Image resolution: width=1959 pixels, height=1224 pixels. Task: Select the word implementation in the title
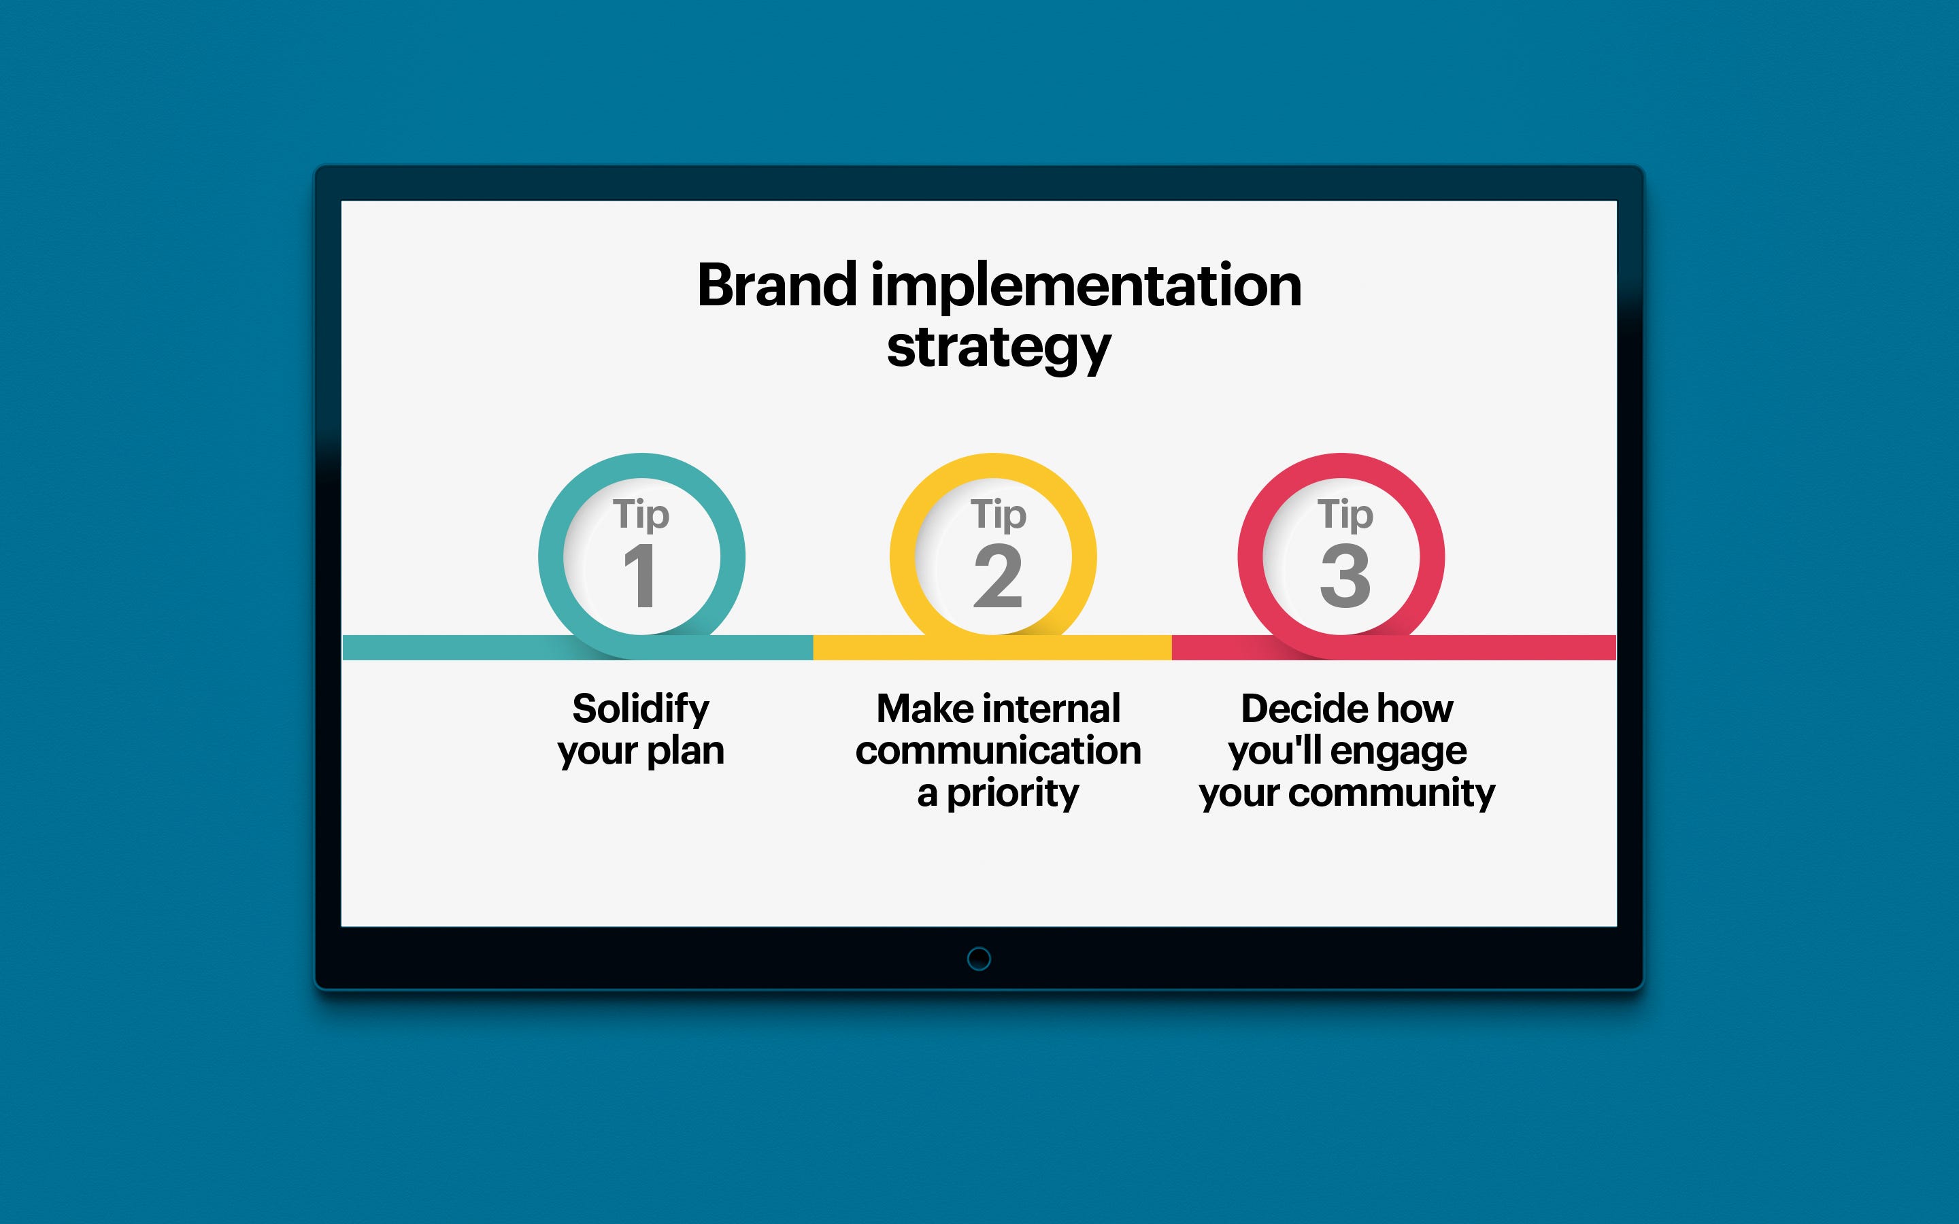coord(1086,288)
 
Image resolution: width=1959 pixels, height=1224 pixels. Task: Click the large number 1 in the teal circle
coord(639,575)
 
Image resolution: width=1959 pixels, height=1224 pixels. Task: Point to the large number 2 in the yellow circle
coord(997,575)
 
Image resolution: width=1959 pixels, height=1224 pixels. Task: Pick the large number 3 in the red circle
coord(1345,575)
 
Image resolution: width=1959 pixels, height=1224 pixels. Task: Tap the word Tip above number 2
coord(998,515)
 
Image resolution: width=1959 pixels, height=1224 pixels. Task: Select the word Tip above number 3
coord(1345,515)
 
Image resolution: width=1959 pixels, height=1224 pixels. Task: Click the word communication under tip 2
coord(998,751)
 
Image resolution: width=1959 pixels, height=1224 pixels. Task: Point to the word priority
coord(1013,794)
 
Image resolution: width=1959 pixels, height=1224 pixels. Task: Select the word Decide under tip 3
coord(1297,709)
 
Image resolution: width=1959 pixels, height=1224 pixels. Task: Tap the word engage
coord(1398,752)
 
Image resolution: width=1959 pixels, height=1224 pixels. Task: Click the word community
coord(1392,794)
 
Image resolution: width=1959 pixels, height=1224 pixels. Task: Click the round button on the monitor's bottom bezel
coord(979,959)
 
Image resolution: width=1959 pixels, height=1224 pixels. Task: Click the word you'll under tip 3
coord(1274,752)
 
